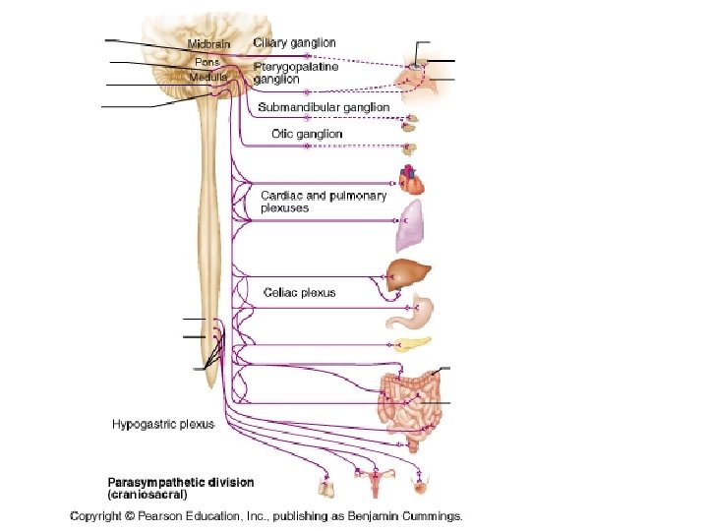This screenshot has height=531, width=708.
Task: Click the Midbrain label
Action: (208, 45)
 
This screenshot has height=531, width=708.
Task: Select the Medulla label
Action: (207, 76)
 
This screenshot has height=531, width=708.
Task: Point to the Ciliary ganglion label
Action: (294, 43)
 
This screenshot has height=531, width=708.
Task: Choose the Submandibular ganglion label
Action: (324, 106)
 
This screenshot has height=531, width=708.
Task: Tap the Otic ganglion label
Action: (307, 134)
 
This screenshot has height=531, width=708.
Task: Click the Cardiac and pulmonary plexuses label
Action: (324, 202)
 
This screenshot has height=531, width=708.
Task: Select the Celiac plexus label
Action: (299, 292)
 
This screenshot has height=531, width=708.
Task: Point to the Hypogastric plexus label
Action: (162, 425)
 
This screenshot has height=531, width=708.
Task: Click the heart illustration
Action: (411, 180)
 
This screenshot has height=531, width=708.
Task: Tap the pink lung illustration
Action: (410, 226)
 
